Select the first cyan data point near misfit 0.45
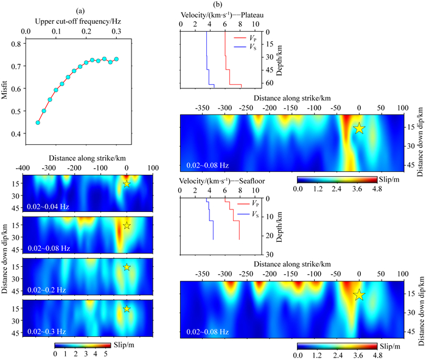pyautogui.click(x=38, y=122)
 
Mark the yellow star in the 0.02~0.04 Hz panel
pyautogui.click(x=127, y=183)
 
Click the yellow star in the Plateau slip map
pyautogui.click(x=359, y=128)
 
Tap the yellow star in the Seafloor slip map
pyautogui.click(x=359, y=295)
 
